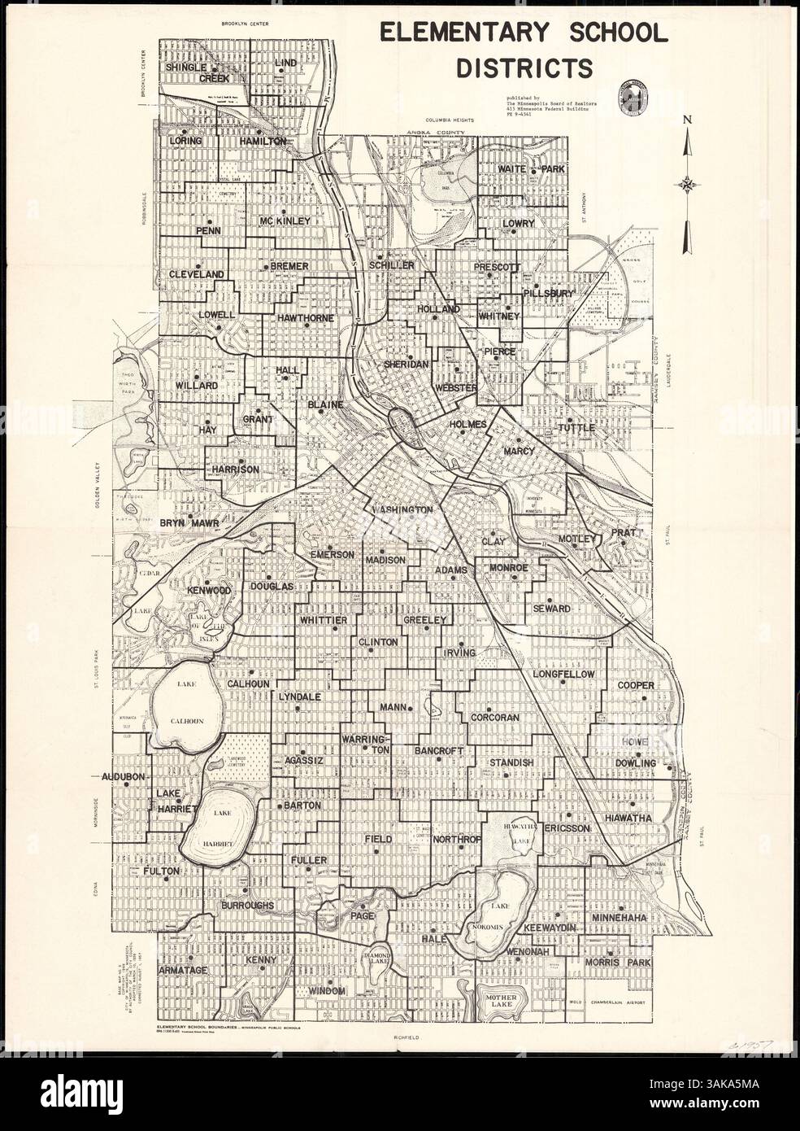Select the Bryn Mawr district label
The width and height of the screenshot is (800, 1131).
[x=189, y=523]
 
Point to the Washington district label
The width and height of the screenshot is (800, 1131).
[x=402, y=509]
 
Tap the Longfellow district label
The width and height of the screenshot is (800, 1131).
[x=564, y=675]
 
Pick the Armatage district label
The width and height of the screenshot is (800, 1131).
[x=184, y=970]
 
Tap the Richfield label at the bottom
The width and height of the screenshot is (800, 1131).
[x=403, y=1039]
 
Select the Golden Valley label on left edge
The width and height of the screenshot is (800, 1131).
[x=97, y=485]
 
